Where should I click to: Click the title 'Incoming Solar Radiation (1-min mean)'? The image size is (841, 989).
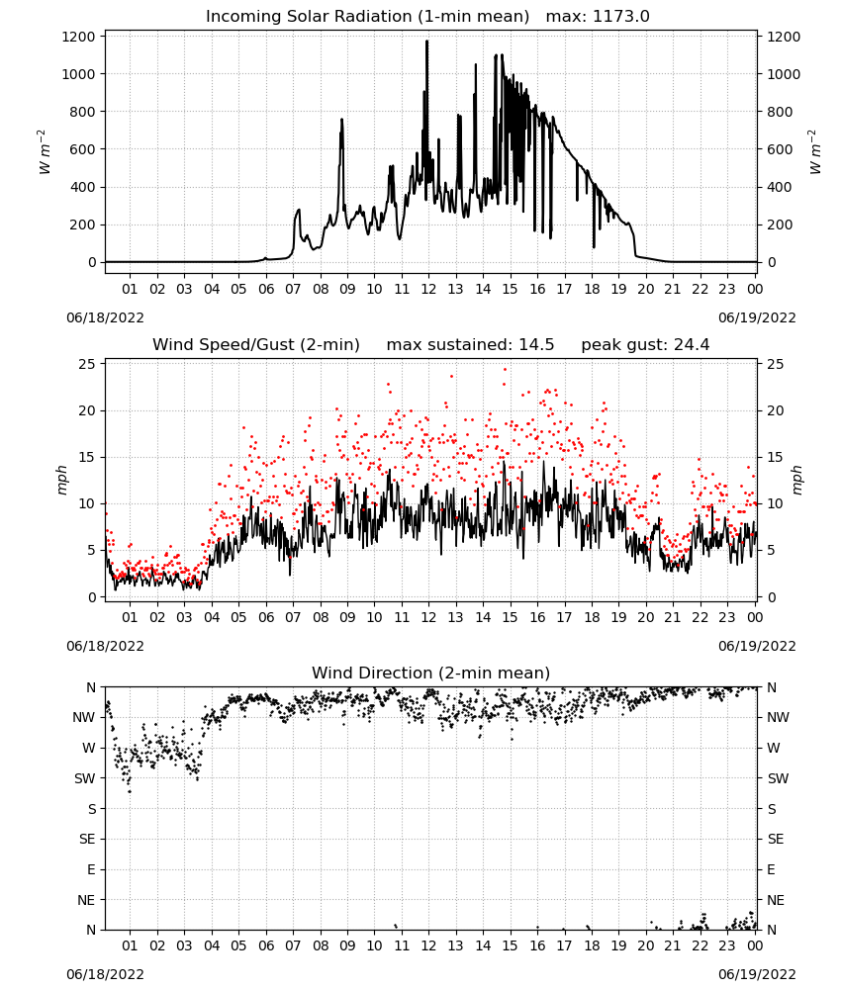click(367, 17)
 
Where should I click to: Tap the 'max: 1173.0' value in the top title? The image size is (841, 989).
click(598, 17)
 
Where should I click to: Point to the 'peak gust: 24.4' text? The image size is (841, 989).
click(645, 345)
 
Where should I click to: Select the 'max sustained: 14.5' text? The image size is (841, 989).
click(470, 345)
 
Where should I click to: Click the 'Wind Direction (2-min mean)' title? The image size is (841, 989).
click(431, 673)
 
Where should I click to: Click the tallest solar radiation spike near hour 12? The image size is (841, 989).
click(427, 42)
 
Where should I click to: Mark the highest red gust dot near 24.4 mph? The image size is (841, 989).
click(505, 370)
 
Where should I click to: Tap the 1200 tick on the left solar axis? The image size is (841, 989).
click(78, 37)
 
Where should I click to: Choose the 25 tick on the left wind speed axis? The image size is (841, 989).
click(87, 364)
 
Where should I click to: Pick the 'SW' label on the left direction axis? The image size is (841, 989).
click(84, 778)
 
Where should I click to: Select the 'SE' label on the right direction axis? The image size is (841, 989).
click(776, 839)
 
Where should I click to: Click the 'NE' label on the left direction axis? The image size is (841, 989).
click(86, 900)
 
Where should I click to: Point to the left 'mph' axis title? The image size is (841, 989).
click(61, 480)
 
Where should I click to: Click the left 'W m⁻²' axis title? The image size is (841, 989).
click(44, 151)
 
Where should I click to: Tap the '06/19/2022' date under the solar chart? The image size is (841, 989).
click(757, 317)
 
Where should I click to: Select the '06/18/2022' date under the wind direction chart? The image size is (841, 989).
click(105, 974)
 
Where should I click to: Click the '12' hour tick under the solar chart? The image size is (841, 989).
click(428, 289)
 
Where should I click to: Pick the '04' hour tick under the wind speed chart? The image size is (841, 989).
click(212, 617)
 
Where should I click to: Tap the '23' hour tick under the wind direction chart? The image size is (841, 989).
click(727, 945)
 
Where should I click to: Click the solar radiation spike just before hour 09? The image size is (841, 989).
click(342, 120)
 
